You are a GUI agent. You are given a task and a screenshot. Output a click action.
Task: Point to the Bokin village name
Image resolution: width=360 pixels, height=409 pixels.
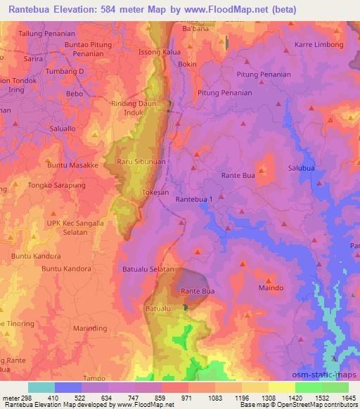pyautogui.click(x=188, y=64)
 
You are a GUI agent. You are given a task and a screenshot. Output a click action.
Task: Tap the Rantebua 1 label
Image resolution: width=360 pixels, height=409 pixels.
pyautogui.click(x=194, y=200)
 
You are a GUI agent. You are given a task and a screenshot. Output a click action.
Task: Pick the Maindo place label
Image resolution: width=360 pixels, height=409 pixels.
pyautogui.click(x=271, y=288)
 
